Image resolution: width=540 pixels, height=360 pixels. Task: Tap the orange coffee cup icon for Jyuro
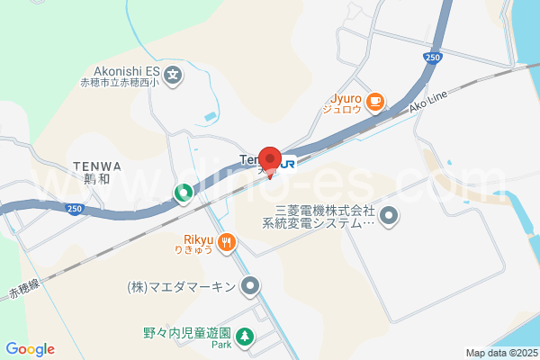click(x=375, y=102)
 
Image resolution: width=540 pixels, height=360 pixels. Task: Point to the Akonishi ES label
click(x=126, y=72)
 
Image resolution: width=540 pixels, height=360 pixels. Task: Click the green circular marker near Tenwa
click(x=182, y=192)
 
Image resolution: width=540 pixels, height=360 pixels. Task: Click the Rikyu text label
click(x=197, y=240)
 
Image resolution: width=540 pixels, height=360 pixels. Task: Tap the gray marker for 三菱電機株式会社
click(x=389, y=215)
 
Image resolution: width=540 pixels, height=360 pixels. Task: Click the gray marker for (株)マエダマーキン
click(x=251, y=287)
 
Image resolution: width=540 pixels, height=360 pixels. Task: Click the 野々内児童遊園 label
click(x=187, y=332)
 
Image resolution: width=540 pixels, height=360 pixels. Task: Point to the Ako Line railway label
click(x=428, y=105)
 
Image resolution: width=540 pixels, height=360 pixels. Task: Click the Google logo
click(x=30, y=349)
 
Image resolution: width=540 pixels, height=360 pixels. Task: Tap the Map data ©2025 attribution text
click(x=500, y=353)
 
